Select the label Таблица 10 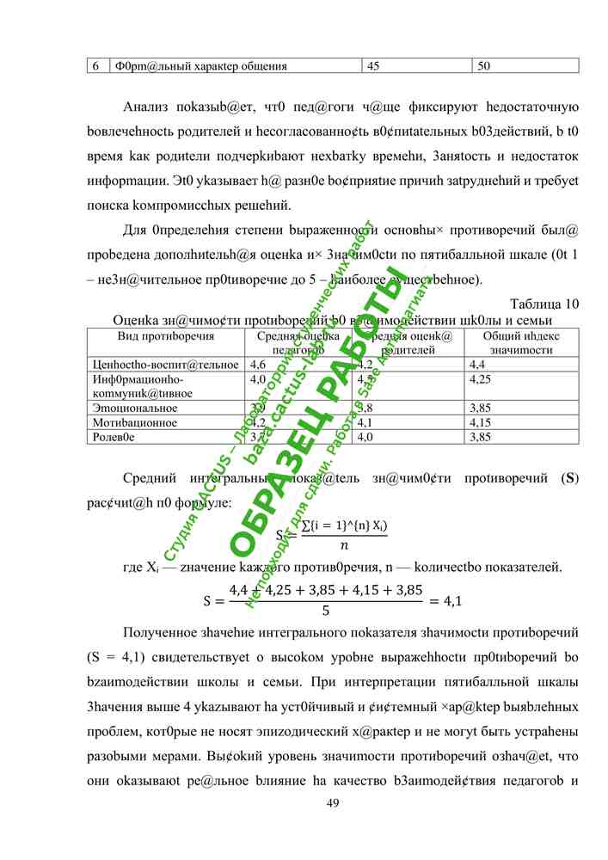click(x=544, y=304)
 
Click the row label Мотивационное click(x=134, y=422)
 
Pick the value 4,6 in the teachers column click(x=257, y=365)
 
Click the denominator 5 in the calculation click(x=325, y=612)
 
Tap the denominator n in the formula click(x=345, y=545)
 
